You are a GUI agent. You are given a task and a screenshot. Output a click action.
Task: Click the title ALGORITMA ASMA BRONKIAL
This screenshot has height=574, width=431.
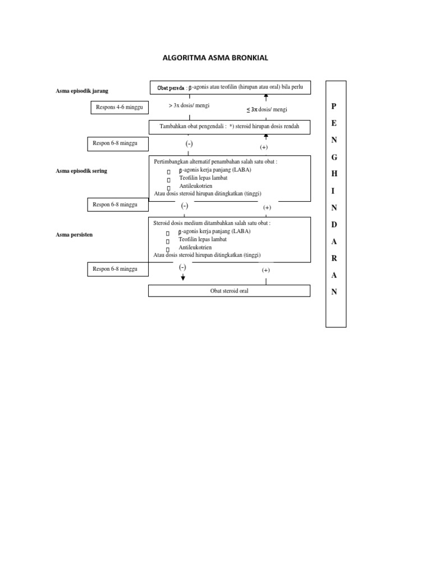215,58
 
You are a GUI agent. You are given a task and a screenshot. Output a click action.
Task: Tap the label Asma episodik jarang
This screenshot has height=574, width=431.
82,91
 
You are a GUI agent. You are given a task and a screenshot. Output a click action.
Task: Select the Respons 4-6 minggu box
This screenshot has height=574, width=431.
120,108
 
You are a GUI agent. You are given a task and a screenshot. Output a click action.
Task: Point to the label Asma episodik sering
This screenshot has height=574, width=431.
81,171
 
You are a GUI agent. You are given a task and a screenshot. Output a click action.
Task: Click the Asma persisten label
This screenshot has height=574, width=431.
74,235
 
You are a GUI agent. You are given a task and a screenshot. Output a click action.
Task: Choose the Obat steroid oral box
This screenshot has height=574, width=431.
229,291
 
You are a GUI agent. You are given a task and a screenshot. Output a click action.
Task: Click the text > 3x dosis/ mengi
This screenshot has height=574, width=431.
189,105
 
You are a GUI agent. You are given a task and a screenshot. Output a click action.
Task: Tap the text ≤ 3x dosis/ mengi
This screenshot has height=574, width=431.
267,109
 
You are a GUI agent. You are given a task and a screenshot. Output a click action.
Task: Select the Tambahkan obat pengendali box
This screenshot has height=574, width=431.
230,127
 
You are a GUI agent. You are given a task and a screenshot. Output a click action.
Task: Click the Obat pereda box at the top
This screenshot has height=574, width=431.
230,87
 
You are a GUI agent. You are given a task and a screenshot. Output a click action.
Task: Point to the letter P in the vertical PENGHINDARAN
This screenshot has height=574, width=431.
333,106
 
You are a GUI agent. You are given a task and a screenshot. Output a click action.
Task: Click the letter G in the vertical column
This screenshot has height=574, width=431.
334,158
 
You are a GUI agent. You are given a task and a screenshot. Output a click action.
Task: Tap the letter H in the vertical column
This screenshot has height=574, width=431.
334,174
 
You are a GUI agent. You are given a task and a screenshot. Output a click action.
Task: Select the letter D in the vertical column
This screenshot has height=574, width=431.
334,224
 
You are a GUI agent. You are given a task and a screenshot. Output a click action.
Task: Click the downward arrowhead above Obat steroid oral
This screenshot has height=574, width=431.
183,278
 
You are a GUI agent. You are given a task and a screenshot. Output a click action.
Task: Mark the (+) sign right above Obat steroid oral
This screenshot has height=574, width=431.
265,270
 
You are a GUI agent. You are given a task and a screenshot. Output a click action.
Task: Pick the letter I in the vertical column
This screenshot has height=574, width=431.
333,191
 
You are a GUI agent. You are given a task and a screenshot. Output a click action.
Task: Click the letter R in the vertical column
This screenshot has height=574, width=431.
334,258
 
